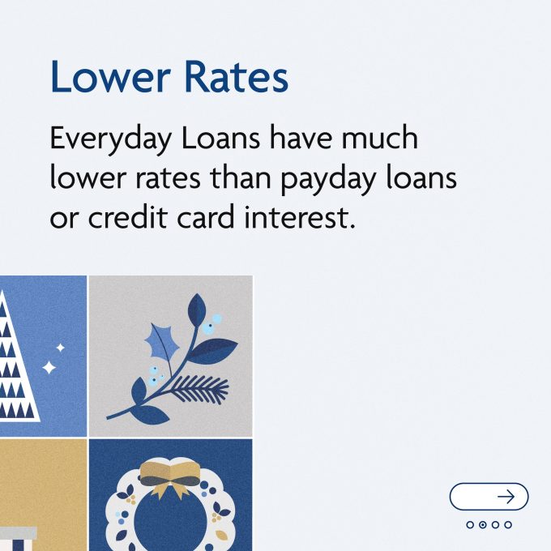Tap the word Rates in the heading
tap(236, 77)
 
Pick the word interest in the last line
tap(300, 217)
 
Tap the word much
tap(380, 138)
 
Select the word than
tap(241, 177)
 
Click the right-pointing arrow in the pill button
tap(506, 497)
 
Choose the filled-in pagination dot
tap(483, 524)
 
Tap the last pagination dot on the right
tap(508, 524)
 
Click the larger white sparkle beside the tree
tap(49, 368)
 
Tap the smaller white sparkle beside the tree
tap(61, 348)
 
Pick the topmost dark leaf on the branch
tap(197, 310)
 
